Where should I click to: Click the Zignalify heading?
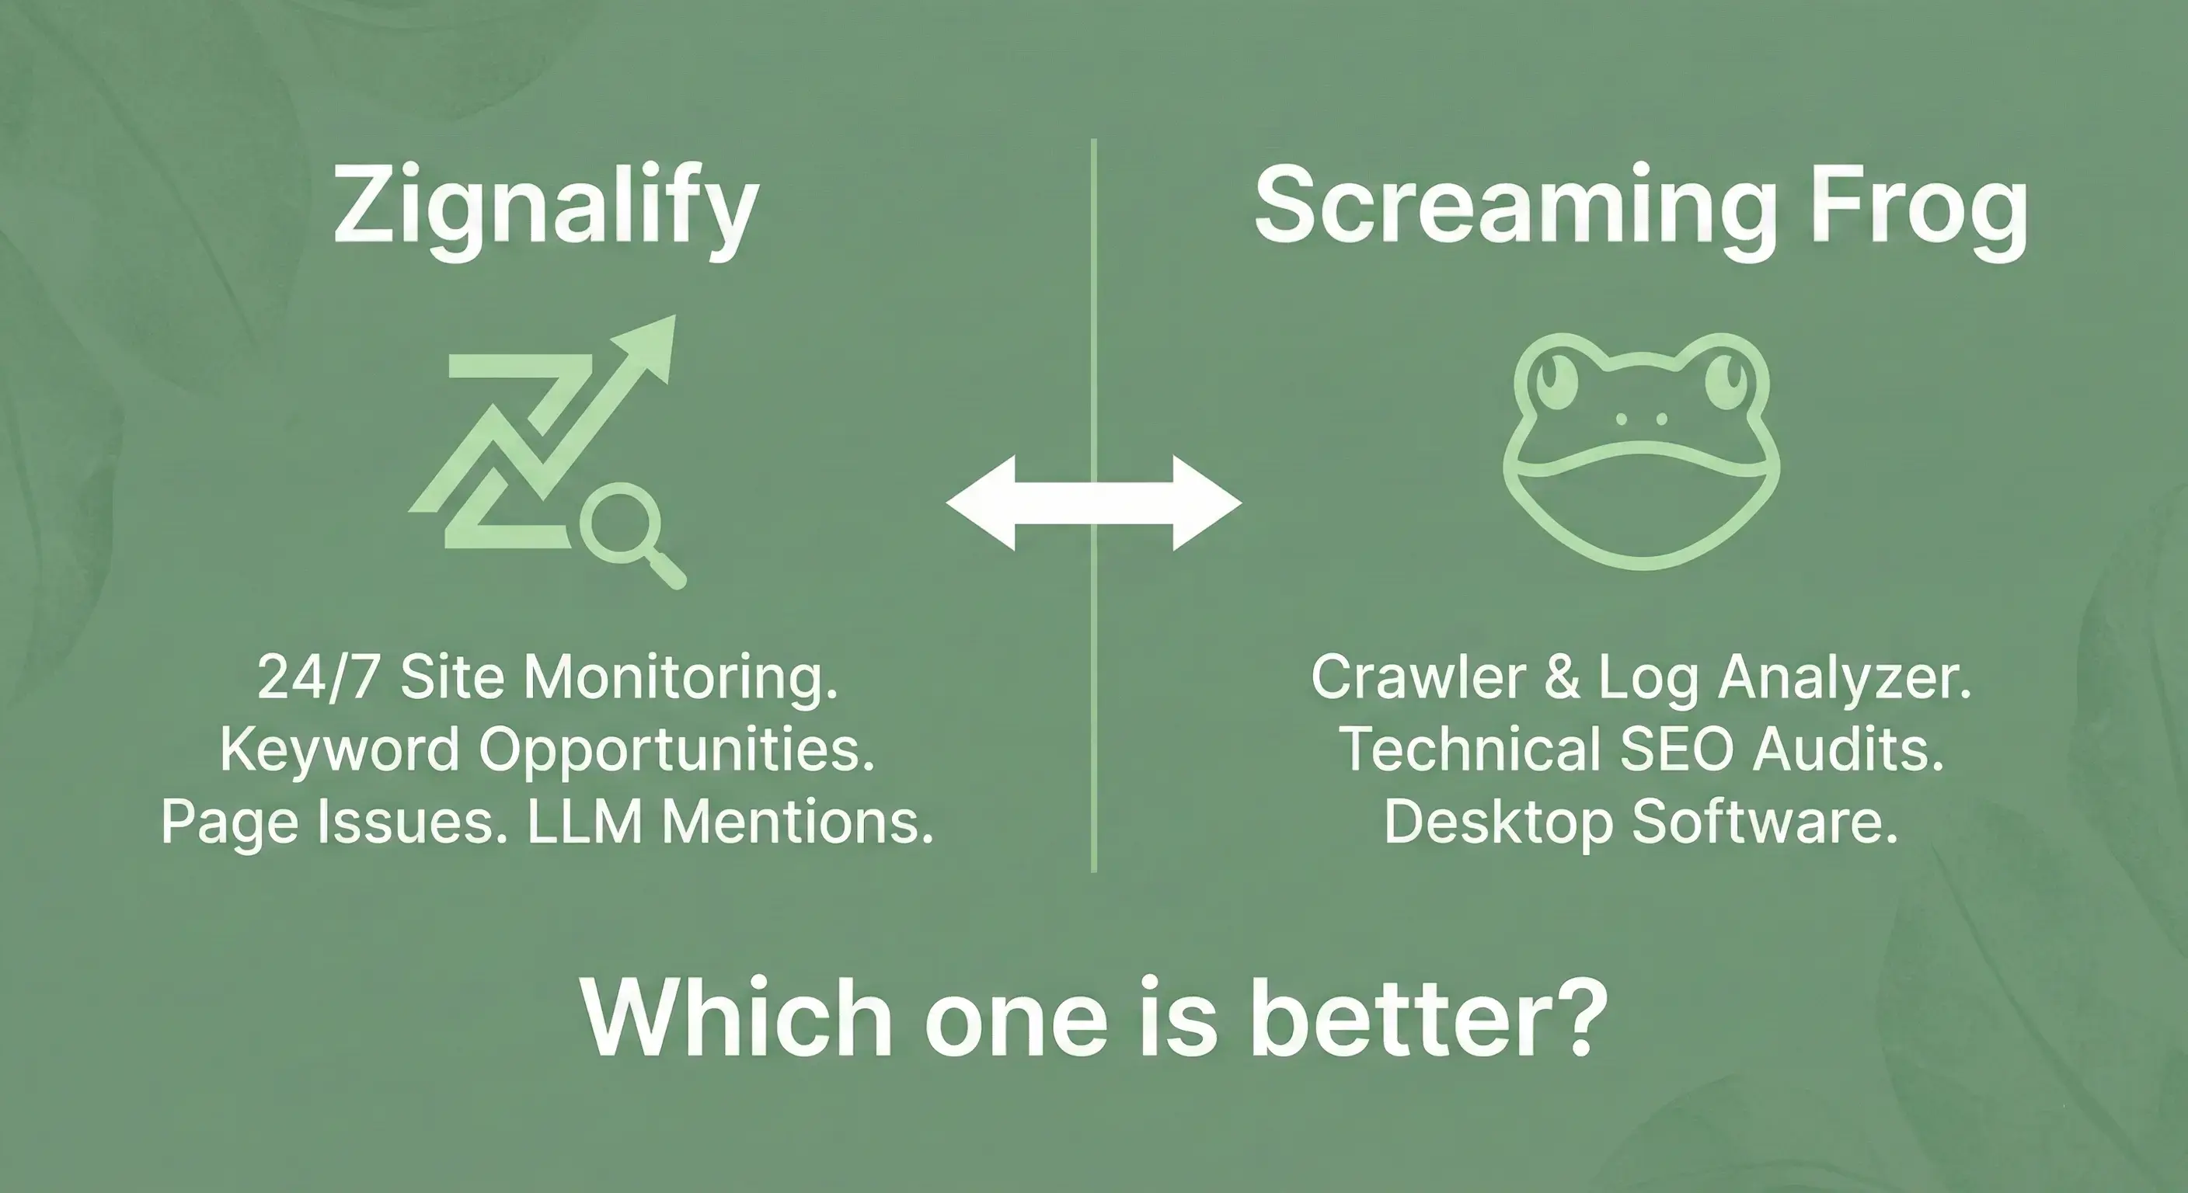(545, 209)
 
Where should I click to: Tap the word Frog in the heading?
(1920, 209)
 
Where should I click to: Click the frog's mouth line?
(1641, 454)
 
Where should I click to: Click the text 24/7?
(318, 678)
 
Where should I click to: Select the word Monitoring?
(681, 678)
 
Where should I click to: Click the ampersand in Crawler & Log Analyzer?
(1562, 678)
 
